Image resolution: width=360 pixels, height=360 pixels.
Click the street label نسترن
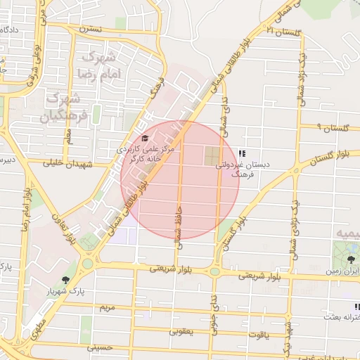91,29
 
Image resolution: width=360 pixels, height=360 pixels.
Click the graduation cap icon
145,138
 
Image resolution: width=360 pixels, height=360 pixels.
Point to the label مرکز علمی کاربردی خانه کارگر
149,154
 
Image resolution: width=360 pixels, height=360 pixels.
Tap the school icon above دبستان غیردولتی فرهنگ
242,153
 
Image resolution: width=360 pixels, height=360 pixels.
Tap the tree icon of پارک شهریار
65,280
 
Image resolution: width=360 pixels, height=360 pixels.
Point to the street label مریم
107,308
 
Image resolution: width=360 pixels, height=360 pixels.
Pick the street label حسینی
99,347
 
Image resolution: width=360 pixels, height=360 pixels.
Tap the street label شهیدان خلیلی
65,163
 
